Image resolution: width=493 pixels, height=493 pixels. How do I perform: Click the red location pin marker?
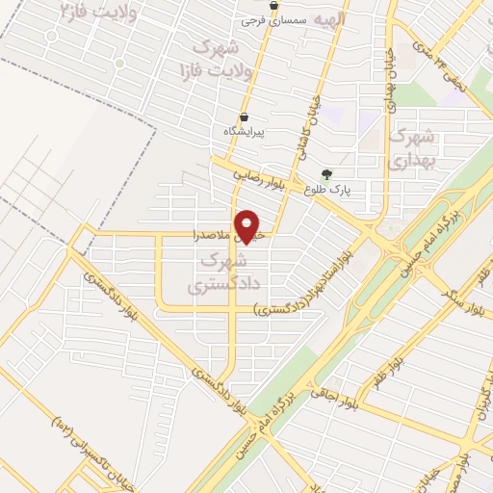(248, 226)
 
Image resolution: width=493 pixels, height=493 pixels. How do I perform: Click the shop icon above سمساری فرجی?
(274, 5)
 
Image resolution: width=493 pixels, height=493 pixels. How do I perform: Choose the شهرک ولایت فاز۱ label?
(214, 58)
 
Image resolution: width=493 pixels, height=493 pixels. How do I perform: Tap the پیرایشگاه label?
(244, 130)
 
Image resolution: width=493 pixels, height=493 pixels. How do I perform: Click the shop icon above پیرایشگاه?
(244, 117)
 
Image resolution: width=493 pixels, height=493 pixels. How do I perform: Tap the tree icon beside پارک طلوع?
(326, 175)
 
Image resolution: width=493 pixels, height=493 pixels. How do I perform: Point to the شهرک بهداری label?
(414, 149)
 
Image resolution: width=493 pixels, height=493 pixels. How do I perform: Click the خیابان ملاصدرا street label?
(221, 234)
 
